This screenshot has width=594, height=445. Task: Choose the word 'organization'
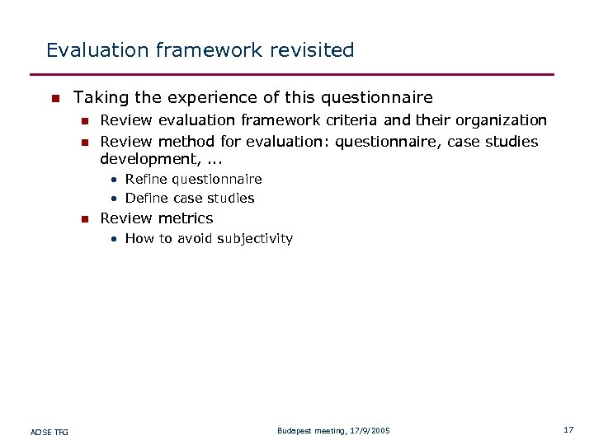(x=501, y=121)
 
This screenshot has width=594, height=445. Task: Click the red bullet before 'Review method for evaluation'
(x=83, y=143)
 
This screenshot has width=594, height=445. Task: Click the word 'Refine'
(x=146, y=180)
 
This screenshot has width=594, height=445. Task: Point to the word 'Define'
(x=146, y=199)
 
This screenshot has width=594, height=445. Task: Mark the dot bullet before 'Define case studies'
(x=116, y=199)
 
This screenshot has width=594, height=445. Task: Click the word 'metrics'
(x=186, y=218)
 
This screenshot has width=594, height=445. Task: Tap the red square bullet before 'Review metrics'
(x=83, y=219)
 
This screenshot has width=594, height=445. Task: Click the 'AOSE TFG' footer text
(x=49, y=431)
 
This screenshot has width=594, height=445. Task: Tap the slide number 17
(x=568, y=430)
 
